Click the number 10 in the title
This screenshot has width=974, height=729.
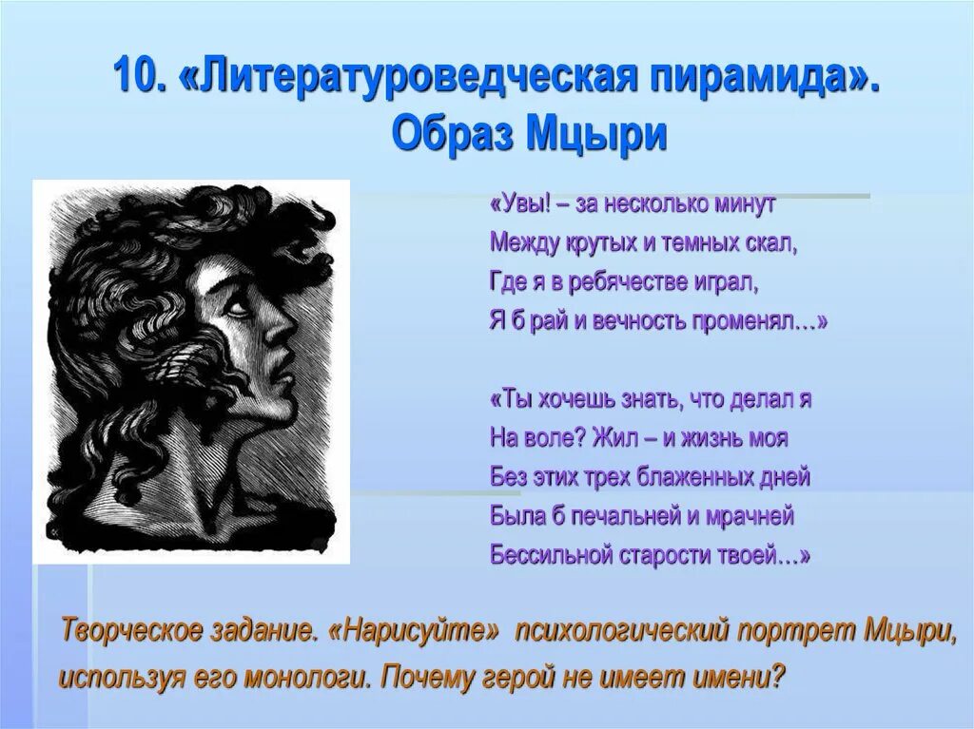[136, 76]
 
